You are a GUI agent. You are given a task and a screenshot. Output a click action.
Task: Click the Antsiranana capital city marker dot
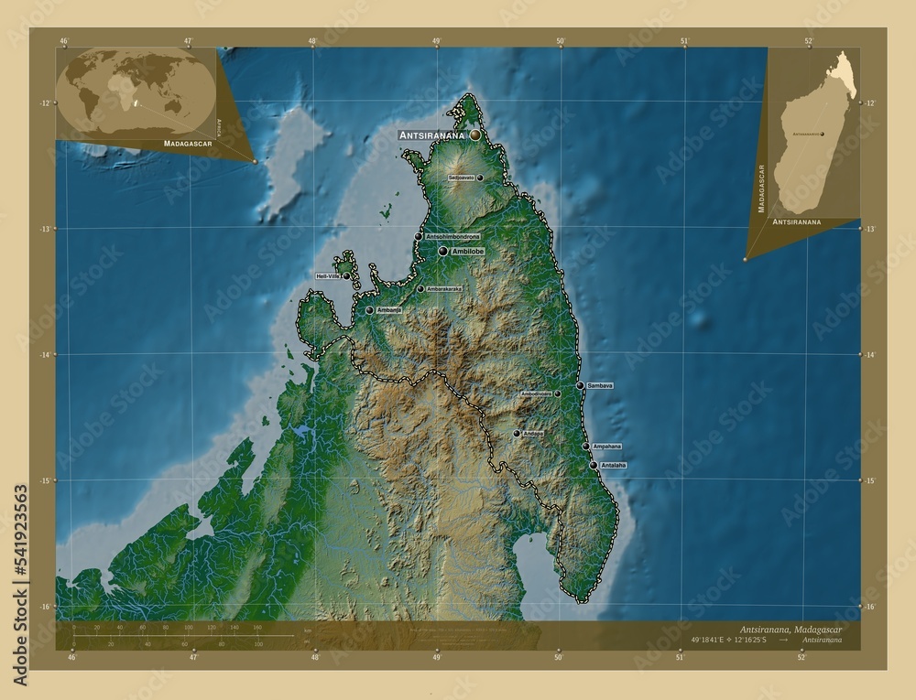point(475,135)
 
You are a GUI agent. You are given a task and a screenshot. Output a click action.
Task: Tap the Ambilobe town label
point(467,251)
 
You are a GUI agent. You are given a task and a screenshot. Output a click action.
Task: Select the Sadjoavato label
point(461,178)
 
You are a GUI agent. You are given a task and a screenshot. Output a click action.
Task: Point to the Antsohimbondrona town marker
point(419,236)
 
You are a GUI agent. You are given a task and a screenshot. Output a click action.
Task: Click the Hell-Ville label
point(328,275)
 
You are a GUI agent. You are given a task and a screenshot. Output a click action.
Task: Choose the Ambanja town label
point(389,310)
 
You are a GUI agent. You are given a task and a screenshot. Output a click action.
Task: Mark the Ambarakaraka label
point(443,289)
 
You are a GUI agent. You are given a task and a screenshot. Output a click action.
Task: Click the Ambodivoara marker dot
point(557,394)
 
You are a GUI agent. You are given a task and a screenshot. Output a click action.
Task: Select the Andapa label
point(532,434)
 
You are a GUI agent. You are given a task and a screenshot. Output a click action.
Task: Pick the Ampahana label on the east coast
point(606,447)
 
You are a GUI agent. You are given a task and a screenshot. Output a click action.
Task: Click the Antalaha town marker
point(594,465)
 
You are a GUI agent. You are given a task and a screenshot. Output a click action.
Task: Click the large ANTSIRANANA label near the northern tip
point(432,135)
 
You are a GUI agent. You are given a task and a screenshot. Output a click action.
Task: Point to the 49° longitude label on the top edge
point(437,41)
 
